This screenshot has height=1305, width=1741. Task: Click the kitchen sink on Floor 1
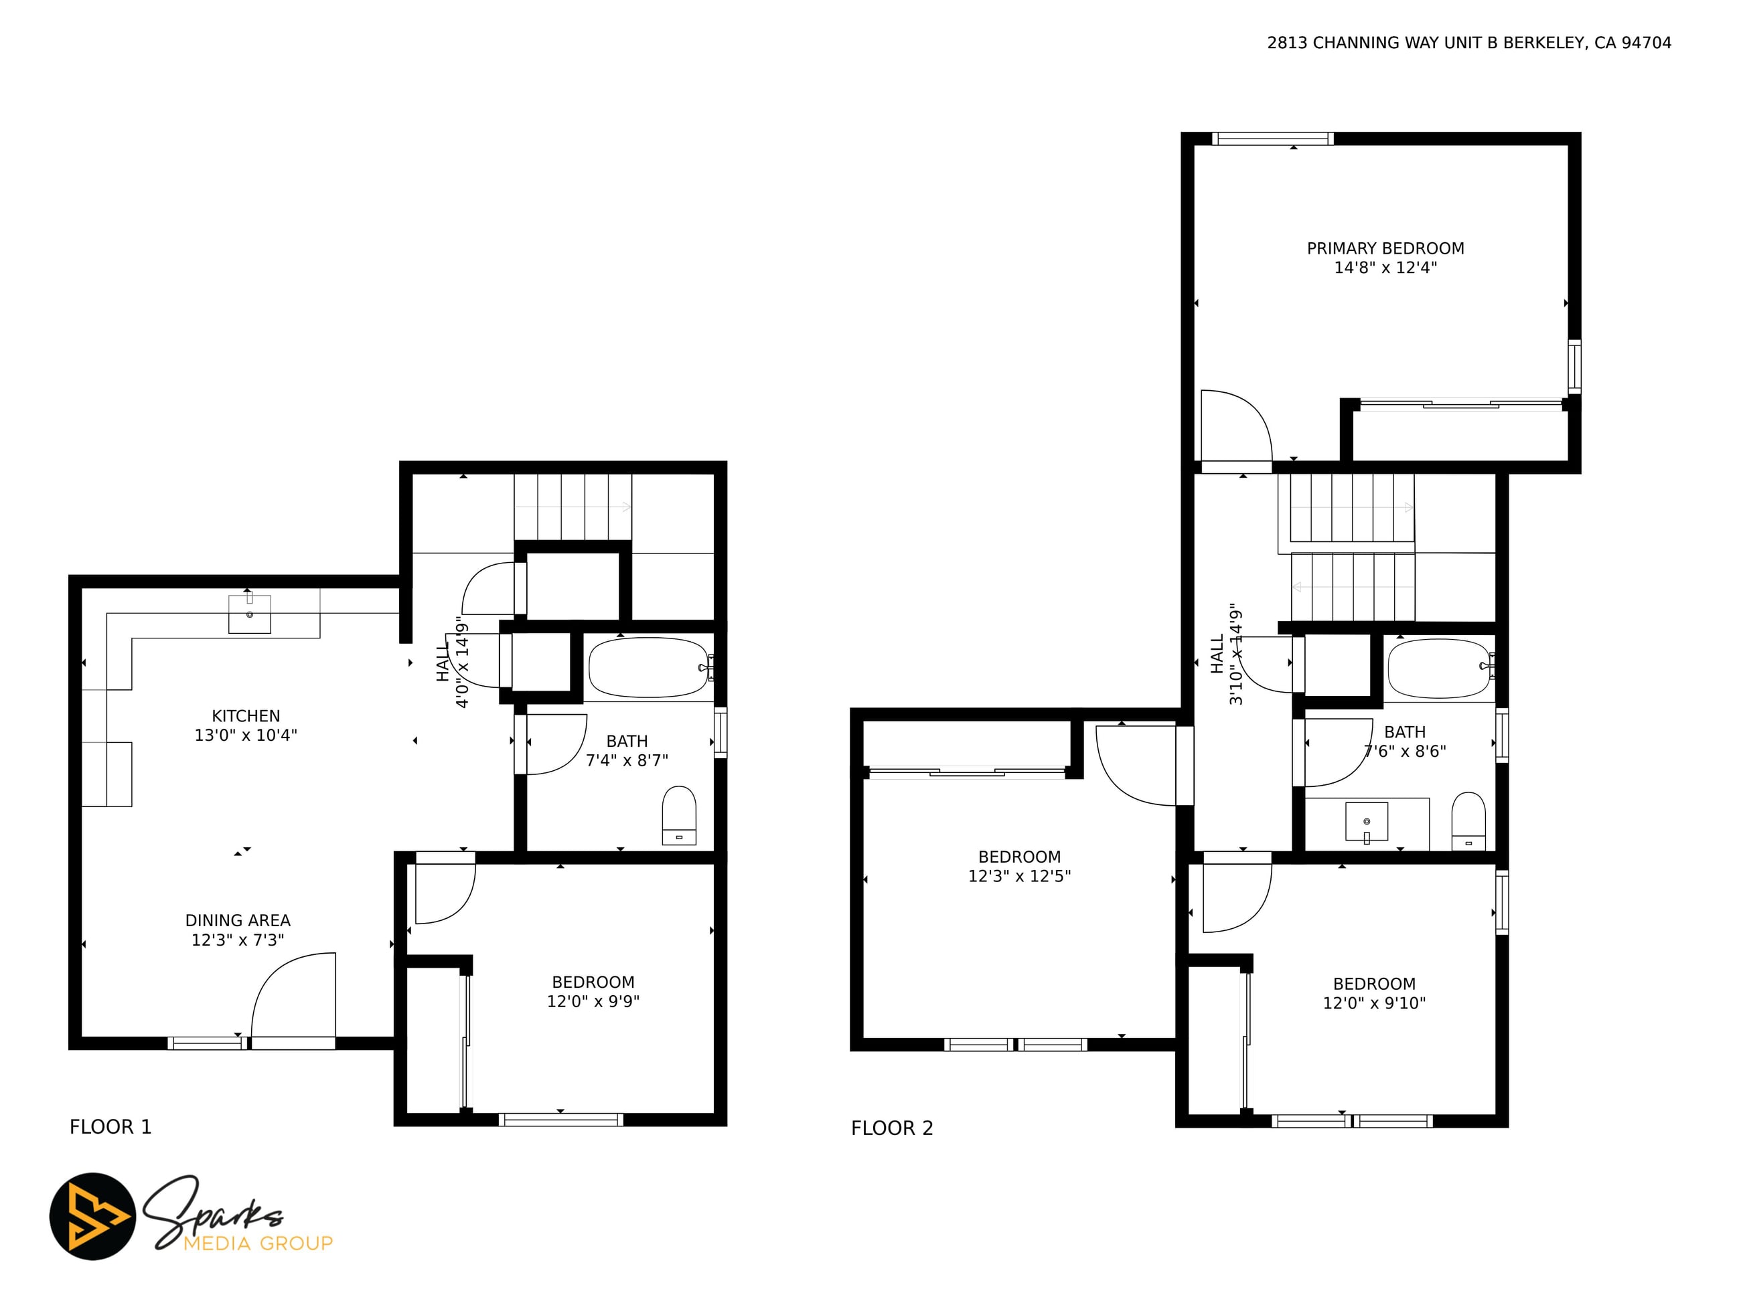(250, 614)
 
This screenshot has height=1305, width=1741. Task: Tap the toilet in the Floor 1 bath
(679, 815)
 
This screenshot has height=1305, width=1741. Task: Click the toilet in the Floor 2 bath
(1468, 820)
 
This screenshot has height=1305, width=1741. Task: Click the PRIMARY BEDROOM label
(1385, 248)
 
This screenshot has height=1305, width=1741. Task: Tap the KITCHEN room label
(246, 716)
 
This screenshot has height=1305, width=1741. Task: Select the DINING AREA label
(238, 920)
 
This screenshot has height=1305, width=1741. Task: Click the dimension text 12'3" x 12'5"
(1019, 876)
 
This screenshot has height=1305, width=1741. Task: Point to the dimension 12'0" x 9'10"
(1374, 1003)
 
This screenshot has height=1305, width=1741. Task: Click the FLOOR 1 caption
(110, 1127)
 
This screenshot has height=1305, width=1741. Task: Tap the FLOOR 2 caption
(892, 1129)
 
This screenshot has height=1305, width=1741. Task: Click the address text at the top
(1468, 43)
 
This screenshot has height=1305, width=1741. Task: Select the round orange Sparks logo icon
(93, 1216)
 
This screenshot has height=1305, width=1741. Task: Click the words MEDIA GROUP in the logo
(258, 1243)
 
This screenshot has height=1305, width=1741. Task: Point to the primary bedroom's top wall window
(1273, 139)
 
